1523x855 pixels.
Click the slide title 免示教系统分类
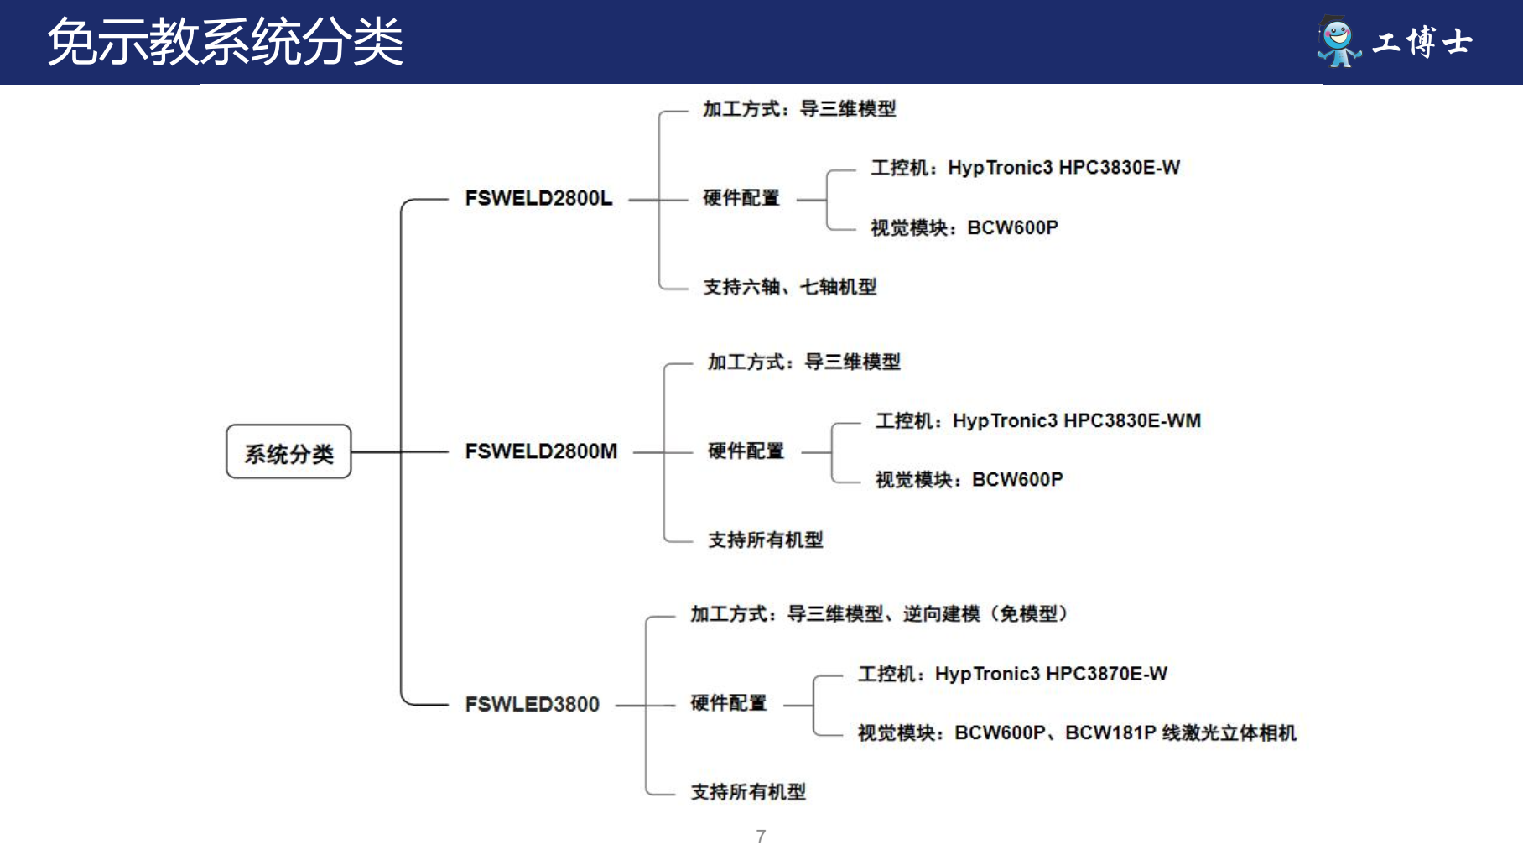click(x=225, y=42)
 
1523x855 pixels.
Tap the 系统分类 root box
click(x=288, y=453)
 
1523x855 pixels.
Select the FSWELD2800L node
click(x=538, y=199)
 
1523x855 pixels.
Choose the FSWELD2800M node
click(x=541, y=451)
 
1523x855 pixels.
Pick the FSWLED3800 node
click(x=532, y=705)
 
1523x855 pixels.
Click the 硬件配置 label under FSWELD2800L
click(x=741, y=199)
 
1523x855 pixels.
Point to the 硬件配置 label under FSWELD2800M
click(x=746, y=451)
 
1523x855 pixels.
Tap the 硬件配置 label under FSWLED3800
click(x=728, y=704)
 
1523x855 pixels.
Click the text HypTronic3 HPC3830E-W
click(x=1063, y=168)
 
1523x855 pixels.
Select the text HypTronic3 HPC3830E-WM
click(x=1076, y=421)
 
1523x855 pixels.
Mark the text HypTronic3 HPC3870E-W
click(x=1051, y=675)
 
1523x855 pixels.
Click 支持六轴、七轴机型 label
click(x=789, y=288)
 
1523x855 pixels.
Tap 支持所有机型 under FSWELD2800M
click(x=765, y=540)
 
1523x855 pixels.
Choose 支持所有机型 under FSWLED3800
click(x=747, y=793)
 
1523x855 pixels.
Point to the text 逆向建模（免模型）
click(x=985, y=614)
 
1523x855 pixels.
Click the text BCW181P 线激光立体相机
click(x=1181, y=733)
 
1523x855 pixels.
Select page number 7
click(x=761, y=837)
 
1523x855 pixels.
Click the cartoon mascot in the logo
click(x=1338, y=41)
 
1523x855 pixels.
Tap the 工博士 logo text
click(x=1422, y=42)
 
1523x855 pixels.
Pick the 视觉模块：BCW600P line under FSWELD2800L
click(x=964, y=228)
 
